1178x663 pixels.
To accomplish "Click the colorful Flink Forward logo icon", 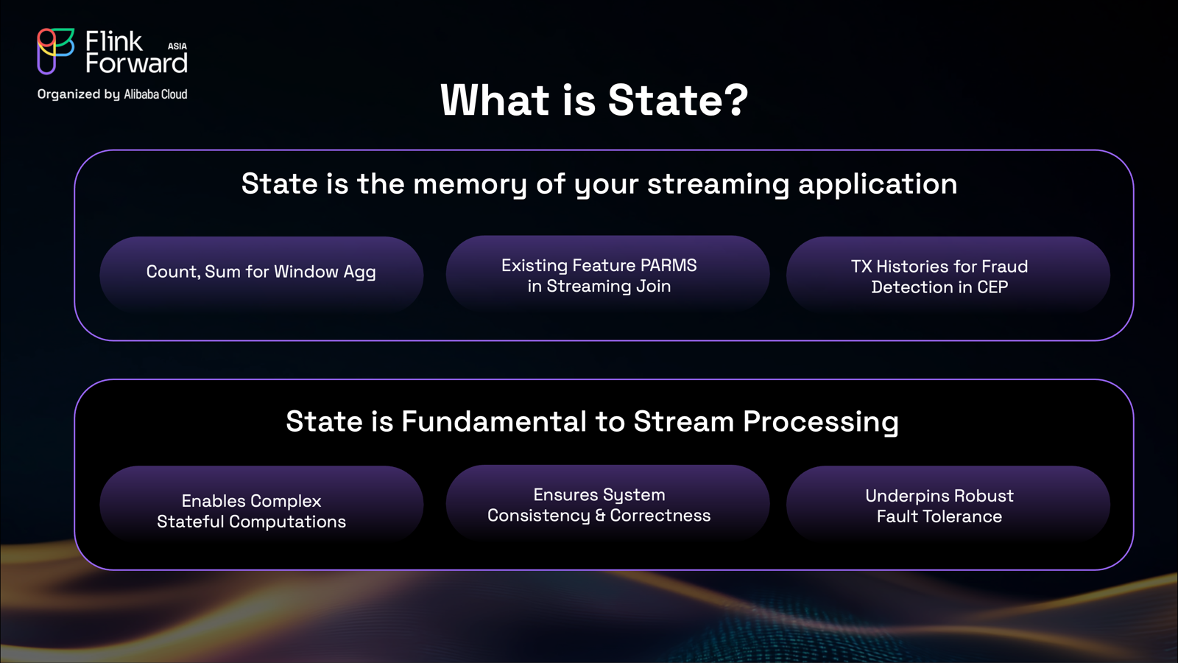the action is pos(55,51).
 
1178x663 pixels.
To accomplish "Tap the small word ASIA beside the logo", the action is pos(177,46).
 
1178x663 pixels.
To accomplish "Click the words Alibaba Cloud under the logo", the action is pos(155,94).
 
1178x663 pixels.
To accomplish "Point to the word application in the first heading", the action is pos(878,185).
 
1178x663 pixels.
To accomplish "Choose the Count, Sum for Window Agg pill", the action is pos(261,274).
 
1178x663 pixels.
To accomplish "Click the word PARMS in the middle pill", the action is pos(669,265).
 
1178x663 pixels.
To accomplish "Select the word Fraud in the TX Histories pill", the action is pos(1005,266).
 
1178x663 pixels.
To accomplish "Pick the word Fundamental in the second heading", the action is pos(494,421).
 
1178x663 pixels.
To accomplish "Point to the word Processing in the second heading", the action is pos(821,423).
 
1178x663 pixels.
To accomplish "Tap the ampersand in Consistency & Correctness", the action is pos(600,516).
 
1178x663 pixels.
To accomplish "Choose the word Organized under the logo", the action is pos(68,94).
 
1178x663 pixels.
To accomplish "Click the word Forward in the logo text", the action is pos(136,63).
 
